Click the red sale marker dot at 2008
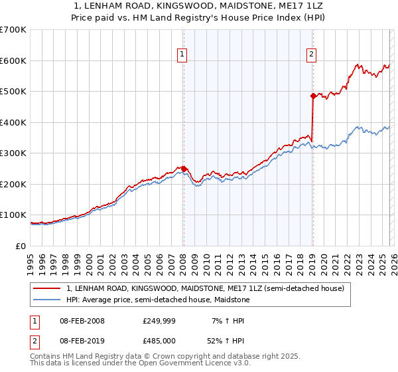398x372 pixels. pyautogui.click(x=184, y=169)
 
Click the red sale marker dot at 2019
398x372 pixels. pyautogui.click(x=313, y=96)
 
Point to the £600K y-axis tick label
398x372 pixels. pyautogui.click(x=13, y=60)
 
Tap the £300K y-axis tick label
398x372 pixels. pyautogui.click(x=13, y=153)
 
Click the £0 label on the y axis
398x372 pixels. pyautogui.click(x=21, y=246)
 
